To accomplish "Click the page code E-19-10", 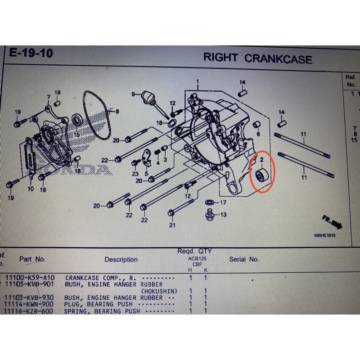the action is [31, 54].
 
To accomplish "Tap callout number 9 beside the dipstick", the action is [133, 94].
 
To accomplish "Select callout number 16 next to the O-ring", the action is [159, 123].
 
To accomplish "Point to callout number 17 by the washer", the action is [223, 202].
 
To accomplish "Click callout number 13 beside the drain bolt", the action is [223, 215].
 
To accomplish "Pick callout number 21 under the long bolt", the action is [172, 225].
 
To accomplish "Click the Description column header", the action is [121, 260].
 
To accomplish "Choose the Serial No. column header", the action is [244, 259].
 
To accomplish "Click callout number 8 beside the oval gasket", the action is [117, 111].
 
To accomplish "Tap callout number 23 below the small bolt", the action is [135, 174].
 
